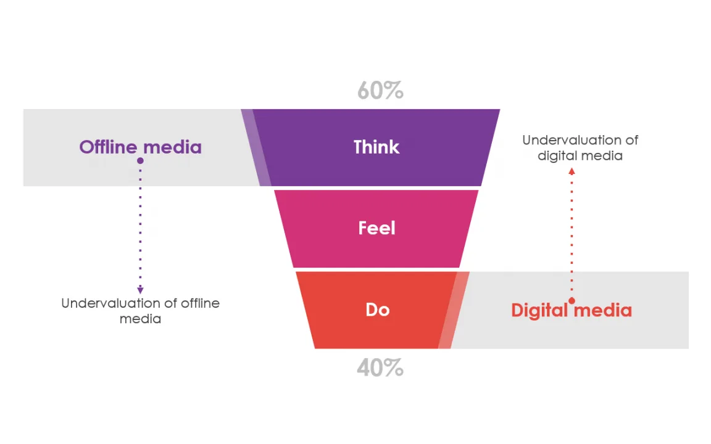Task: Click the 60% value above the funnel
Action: coord(380,91)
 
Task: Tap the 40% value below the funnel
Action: coord(380,368)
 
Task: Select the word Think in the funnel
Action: coord(376,147)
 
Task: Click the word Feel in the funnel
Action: coord(376,228)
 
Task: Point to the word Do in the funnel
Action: coord(377,309)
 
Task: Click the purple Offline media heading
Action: coord(140,147)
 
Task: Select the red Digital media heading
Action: coord(571,310)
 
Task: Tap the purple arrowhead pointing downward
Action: coord(140,290)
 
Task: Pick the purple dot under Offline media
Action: coord(140,160)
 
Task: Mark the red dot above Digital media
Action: coord(572,300)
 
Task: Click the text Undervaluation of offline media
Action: coord(140,311)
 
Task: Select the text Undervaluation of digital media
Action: coord(580,148)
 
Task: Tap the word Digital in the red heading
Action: coord(539,310)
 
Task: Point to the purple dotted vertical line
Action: coord(140,225)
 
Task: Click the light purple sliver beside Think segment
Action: coord(257,148)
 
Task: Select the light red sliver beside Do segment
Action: coord(454,310)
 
